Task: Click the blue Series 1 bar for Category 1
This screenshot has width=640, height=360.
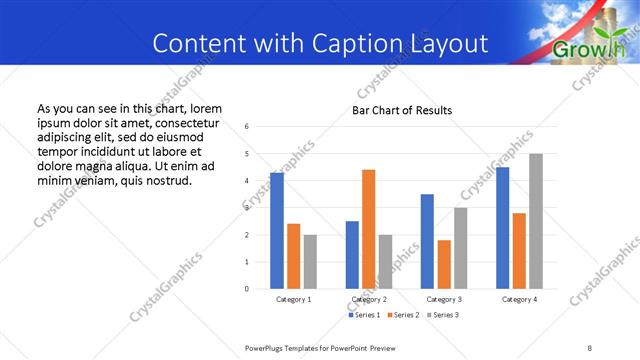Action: (277, 230)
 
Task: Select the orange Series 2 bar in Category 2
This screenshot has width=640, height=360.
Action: (369, 229)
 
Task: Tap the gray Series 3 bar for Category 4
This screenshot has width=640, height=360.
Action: (536, 221)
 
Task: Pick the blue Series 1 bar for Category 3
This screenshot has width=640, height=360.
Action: (427, 241)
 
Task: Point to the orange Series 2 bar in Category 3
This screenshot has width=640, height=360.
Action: (444, 264)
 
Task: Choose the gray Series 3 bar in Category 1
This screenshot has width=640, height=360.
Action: (310, 261)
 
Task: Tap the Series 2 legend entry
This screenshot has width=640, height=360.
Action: (403, 315)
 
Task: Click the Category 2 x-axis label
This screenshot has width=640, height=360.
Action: (369, 299)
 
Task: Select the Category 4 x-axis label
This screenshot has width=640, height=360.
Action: (519, 299)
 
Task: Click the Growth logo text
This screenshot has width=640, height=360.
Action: (590, 50)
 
